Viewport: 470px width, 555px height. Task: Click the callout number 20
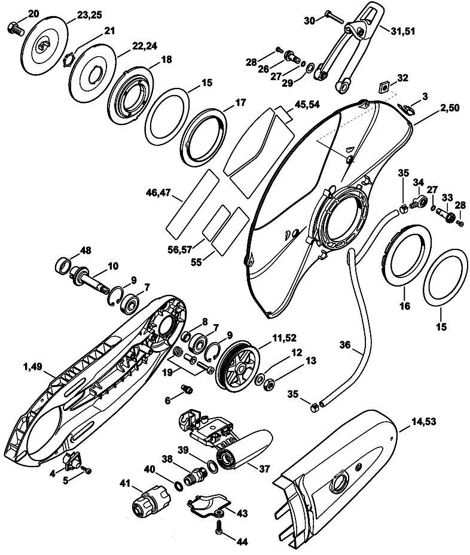pos(16,13)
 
